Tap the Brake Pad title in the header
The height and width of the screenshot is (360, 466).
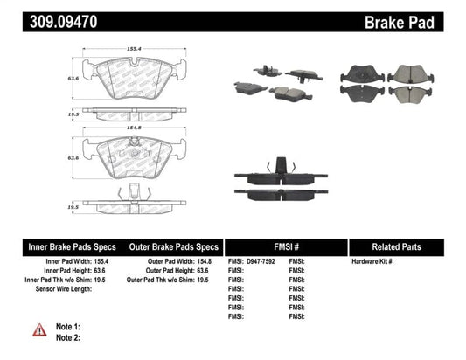[x=423, y=17]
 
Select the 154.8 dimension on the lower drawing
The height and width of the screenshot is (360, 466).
[x=133, y=128]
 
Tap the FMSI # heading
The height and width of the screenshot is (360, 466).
[x=286, y=246]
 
